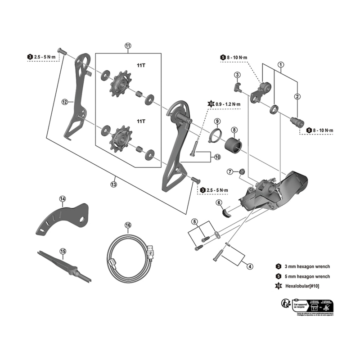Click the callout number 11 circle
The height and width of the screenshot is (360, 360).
click(128, 46)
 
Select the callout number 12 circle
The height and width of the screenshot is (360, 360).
click(65, 102)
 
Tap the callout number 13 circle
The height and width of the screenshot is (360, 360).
click(114, 184)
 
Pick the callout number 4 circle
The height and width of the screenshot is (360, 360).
click(249, 266)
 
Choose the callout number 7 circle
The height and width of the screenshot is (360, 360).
click(230, 171)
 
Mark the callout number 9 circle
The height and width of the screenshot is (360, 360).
click(217, 121)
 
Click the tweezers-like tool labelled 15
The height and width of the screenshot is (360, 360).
click(67, 265)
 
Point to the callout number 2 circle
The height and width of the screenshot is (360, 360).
click(297, 96)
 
